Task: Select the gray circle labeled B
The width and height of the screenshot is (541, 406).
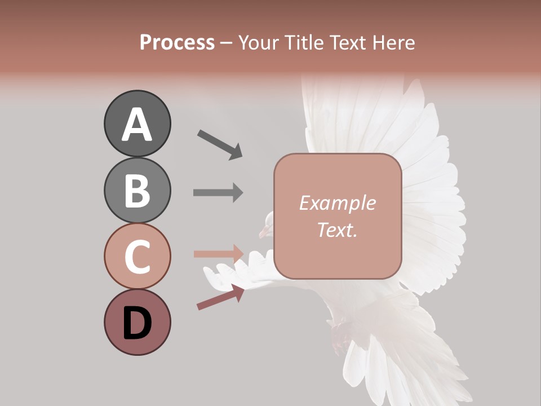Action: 137,190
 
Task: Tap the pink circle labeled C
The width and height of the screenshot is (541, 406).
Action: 137,256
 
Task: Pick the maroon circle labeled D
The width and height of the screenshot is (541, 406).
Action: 137,322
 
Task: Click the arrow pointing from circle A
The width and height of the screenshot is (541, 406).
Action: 220,144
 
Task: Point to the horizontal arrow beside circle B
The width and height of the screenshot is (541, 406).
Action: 218,192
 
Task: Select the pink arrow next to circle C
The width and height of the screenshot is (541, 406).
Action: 218,254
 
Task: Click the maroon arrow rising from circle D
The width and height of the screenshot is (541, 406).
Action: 220,297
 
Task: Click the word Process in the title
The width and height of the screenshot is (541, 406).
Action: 177,42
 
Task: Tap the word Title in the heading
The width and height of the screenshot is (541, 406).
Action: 302,42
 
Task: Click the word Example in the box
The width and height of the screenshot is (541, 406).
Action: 337,203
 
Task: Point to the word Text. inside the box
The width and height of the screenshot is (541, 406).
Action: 337,230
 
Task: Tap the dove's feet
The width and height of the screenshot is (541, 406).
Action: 340,333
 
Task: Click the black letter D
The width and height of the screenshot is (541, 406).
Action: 137,323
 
